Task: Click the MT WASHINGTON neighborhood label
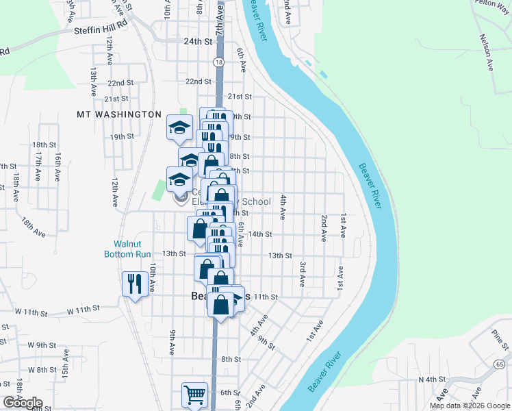coord(119,115)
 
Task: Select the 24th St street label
coord(198,42)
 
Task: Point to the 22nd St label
coord(198,82)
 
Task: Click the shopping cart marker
coord(194,395)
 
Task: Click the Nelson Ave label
coord(487,53)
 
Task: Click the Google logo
coord(23,403)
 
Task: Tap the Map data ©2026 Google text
coord(470,406)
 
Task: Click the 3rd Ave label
coord(301,273)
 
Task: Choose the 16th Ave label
coord(59,166)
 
